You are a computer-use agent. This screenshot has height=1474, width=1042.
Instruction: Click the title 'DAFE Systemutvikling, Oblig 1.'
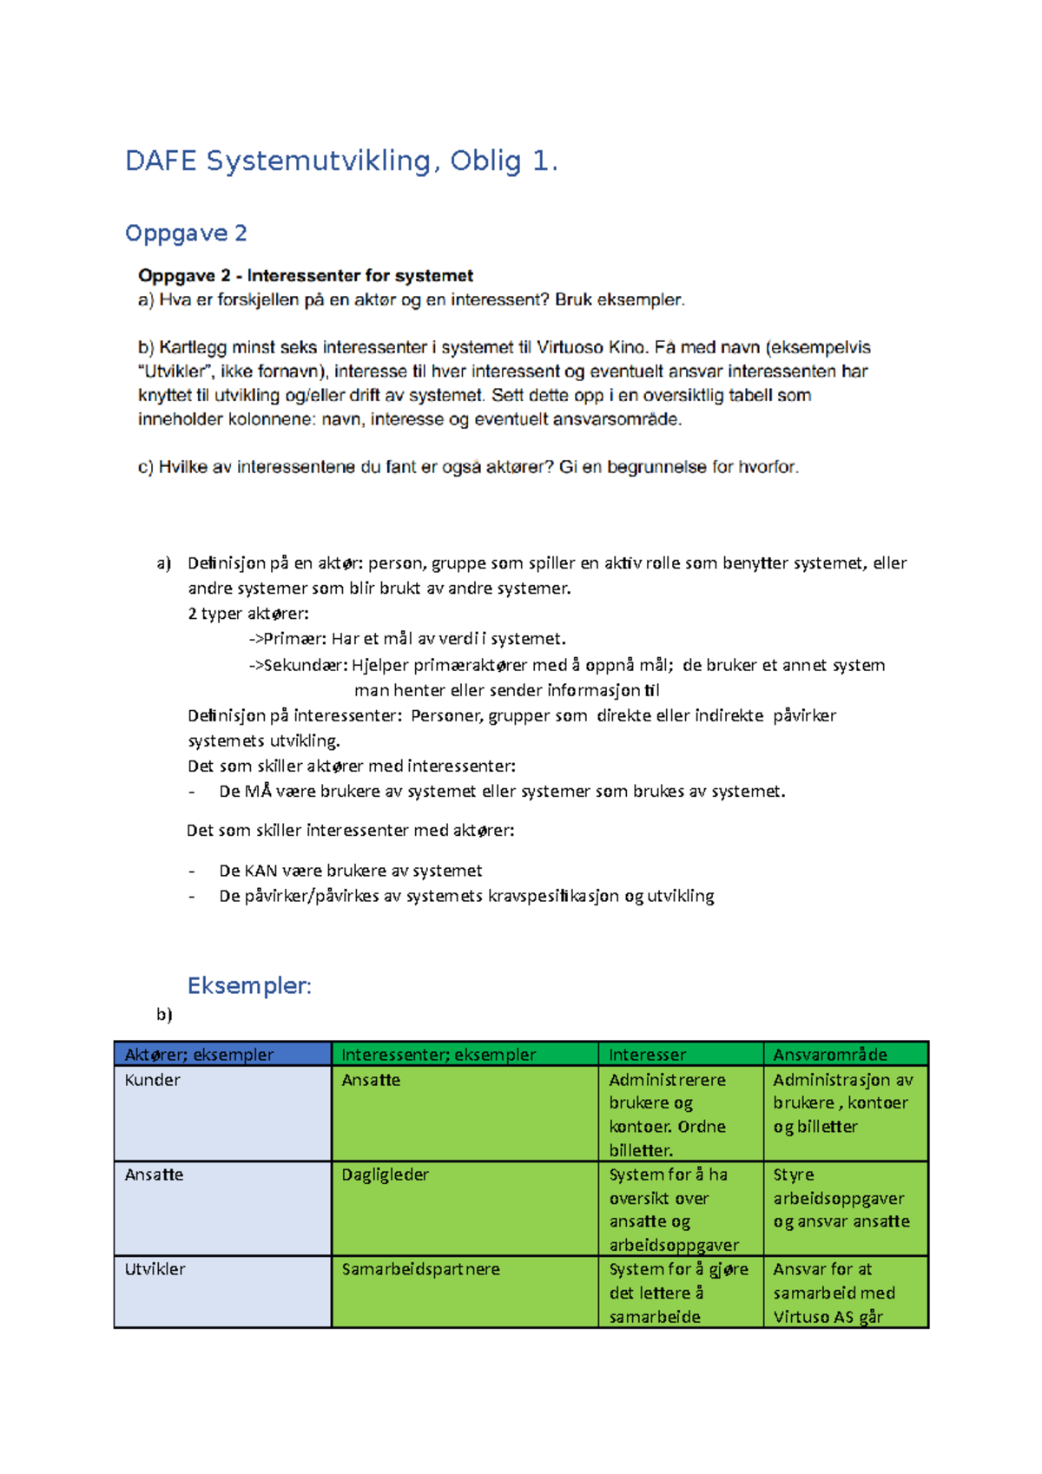[341, 161]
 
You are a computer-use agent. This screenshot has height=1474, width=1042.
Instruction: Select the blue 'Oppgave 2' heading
[186, 233]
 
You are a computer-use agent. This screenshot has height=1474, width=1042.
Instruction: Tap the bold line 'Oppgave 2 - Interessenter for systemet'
[306, 276]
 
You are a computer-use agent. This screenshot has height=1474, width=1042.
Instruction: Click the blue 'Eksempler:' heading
[249, 986]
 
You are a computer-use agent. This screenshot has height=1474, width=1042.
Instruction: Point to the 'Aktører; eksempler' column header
[199, 1055]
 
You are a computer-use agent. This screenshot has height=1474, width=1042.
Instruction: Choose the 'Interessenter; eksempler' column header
[439, 1055]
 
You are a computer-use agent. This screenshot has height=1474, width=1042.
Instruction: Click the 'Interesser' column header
[647, 1055]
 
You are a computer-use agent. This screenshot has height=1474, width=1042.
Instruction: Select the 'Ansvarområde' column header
[830, 1055]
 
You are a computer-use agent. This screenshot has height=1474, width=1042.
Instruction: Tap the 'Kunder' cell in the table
[153, 1080]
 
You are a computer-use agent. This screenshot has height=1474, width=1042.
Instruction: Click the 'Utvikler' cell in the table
[155, 1269]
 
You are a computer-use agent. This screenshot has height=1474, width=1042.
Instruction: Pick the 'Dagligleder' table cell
[386, 1175]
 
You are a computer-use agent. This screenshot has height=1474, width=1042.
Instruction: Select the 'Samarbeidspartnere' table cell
[421, 1269]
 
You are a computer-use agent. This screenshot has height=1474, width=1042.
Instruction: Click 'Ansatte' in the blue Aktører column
[154, 1175]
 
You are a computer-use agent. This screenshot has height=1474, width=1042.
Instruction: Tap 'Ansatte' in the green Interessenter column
[371, 1080]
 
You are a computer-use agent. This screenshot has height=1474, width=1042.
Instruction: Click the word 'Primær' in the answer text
[294, 639]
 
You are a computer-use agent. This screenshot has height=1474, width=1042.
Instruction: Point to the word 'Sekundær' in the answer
[305, 665]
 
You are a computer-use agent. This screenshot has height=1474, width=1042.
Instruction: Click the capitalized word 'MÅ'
[258, 792]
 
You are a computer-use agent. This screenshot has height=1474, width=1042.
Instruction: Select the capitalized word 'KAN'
[260, 871]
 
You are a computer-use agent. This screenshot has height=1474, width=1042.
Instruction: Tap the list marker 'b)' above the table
[164, 1014]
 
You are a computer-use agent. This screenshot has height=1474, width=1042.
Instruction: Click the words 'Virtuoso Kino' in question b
[591, 347]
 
